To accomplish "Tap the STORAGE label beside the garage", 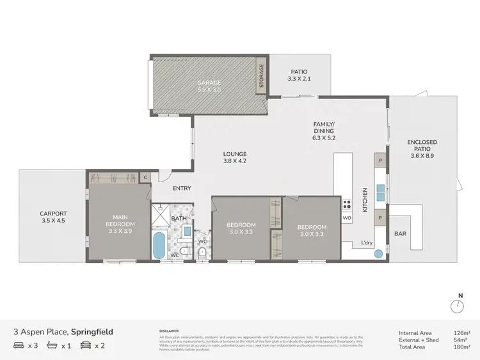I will (261, 77).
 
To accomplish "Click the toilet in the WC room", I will (202, 253).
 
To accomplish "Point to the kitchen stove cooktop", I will (348, 205).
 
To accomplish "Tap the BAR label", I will (401, 234).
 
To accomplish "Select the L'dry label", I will (367, 243).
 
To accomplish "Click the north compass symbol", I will (457, 306).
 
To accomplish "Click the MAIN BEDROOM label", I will (120, 221).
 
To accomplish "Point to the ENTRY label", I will (182, 188).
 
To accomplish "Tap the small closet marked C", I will (145, 177).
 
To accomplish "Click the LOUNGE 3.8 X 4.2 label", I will (234, 157).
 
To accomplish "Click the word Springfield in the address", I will (92, 332).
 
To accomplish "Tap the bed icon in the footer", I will (19, 346).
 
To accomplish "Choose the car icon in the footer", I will (85, 346).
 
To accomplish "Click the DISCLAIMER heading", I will (170, 331).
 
